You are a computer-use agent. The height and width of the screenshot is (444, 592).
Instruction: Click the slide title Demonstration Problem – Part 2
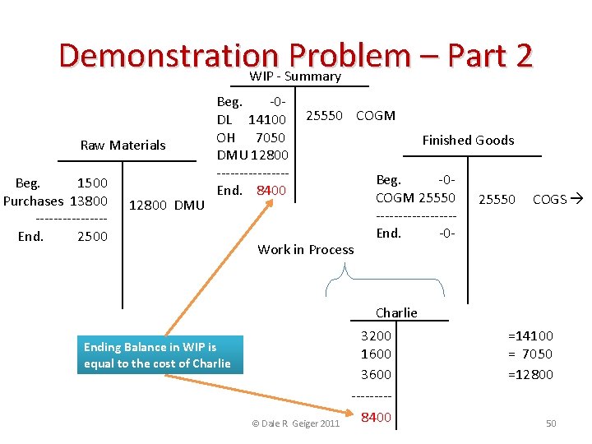(x=296, y=55)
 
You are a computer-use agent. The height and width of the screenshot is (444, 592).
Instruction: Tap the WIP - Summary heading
(x=295, y=76)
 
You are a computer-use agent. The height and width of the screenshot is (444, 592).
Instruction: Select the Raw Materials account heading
(x=123, y=146)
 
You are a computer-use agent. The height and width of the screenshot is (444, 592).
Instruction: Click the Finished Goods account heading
(x=468, y=140)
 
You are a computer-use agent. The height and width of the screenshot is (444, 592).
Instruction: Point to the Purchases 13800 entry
(x=56, y=201)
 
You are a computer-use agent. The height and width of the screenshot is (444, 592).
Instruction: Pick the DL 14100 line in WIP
(x=251, y=121)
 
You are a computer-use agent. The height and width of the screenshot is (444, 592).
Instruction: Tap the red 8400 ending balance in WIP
(x=271, y=191)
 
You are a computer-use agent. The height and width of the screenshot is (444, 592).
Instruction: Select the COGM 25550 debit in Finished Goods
(x=415, y=197)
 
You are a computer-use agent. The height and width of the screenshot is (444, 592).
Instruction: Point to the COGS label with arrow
(x=557, y=199)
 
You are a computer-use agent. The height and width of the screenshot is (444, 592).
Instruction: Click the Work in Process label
(x=306, y=250)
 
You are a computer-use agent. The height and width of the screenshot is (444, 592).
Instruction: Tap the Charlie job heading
(x=396, y=312)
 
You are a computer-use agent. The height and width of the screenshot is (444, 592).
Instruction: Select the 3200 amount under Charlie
(x=376, y=335)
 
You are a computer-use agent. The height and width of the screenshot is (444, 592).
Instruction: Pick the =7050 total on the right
(x=530, y=354)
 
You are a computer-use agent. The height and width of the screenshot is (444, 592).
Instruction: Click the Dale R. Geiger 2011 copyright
(x=295, y=423)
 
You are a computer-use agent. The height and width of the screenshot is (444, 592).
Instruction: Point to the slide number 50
(x=551, y=423)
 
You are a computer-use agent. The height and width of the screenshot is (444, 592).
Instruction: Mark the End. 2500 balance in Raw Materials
(x=62, y=237)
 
